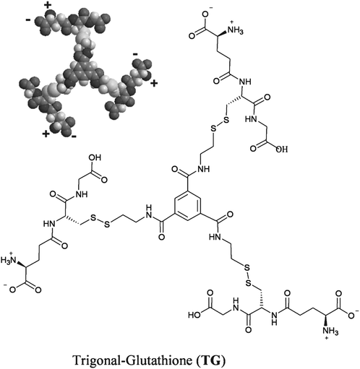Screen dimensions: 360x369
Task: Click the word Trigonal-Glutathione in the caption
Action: pyautogui.click(x=133, y=360)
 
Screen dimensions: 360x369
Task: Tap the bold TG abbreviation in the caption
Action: pyautogui.click(x=211, y=360)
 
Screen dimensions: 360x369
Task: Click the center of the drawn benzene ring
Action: pyautogui.click(x=188, y=205)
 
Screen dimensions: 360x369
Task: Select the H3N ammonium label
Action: pyautogui.click(x=8, y=260)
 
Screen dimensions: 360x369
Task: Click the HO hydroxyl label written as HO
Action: pyautogui.click(x=194, y=315)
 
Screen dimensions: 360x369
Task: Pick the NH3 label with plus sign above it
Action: pyautogui.click(x=235, y=31)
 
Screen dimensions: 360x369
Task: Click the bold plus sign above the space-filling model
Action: pyautogui.click(x=48, y=6)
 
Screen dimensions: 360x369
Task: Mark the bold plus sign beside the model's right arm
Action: pyautogui.click(x=154, y=84)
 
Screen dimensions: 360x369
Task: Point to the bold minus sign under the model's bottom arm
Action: pyautogui.click(x=74, y=136)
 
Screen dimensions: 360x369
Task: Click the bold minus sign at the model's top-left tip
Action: pyautogui.click(x=28, y=20)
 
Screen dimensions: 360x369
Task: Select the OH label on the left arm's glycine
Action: pyautogui.click(x=95, y=157)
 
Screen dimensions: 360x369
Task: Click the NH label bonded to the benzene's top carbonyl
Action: pyautogui.click(x=204, y=169)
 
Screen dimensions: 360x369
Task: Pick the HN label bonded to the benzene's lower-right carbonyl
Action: pyautogui.click(x=215, y=237)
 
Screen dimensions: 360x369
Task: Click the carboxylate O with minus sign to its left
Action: pyautogui.click(x=12, y=290)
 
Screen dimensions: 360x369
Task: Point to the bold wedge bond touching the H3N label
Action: pyautogui.click(x=21, y=263)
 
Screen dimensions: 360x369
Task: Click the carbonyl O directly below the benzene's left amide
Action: pyautogui.click(x=162, y=237)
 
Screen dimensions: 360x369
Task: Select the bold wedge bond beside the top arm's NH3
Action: pyautogui.click(x=222, y=33)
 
